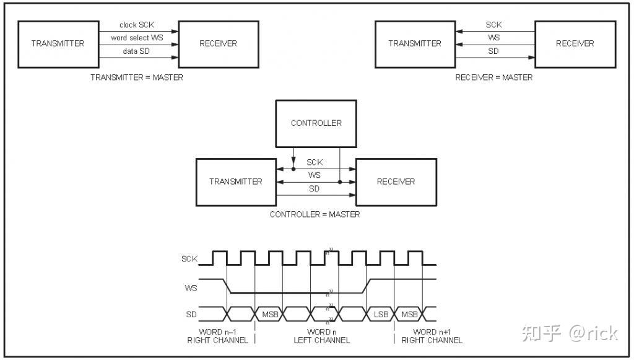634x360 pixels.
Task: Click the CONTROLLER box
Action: point(316,123)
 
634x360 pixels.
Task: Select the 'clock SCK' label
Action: point(137,25)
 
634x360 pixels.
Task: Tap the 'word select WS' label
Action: point(137,38)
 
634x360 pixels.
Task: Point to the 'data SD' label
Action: point(136,51)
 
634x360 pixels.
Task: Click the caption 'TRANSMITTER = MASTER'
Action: point(137,77)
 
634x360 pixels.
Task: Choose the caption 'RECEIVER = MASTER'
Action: point(493,77)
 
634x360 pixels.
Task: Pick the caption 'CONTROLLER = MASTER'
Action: point(315,214)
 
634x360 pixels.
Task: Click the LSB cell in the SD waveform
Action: point(381,315)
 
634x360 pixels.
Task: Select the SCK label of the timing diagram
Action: point(189,259)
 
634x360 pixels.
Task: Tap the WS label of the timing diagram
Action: point(191,288)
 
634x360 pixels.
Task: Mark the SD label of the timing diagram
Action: point(191,315)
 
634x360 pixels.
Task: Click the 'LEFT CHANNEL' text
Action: point(322,340)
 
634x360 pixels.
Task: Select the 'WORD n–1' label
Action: point(217,331)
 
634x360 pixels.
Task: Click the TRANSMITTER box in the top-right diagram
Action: point(415,43)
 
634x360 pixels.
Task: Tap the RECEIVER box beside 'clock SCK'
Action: point(218,43)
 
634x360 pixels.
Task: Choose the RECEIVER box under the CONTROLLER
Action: point(396,182)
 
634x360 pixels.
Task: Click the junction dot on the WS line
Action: point(340,182)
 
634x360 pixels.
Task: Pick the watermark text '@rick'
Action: point(593,333)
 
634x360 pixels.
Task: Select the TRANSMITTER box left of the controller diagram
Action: point(236,182)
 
